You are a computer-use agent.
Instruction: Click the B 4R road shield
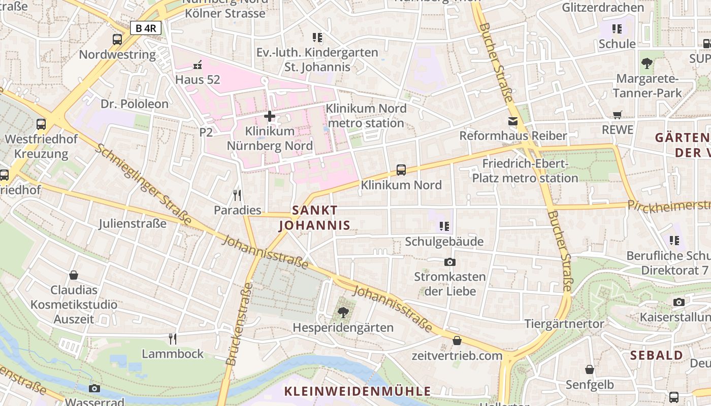[146, 28]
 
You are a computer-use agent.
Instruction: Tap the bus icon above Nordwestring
[117, 39]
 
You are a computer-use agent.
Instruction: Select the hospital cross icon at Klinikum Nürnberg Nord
[270, 117]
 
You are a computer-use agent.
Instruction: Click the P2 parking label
[206, 132]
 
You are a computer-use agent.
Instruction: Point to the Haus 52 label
[198, 80]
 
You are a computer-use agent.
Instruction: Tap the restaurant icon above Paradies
[237, 195]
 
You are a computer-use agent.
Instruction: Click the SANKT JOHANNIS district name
[315, 218]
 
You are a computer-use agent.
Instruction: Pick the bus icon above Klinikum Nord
[401, 170]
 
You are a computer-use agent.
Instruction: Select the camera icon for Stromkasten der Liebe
[449, 262]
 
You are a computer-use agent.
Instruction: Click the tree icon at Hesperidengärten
[343, 313]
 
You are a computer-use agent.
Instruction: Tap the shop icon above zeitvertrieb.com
[457, 341]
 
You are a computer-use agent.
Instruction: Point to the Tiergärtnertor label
[564, 324]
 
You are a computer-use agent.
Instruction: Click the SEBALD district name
[657, 355]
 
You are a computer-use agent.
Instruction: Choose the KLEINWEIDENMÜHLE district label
[358, 391]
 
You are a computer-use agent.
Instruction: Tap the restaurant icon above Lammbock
[173, 339]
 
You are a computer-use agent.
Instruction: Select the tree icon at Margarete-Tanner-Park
[647, 63]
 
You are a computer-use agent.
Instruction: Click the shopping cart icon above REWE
[618, 115]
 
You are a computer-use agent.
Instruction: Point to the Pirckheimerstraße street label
[669, 206]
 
